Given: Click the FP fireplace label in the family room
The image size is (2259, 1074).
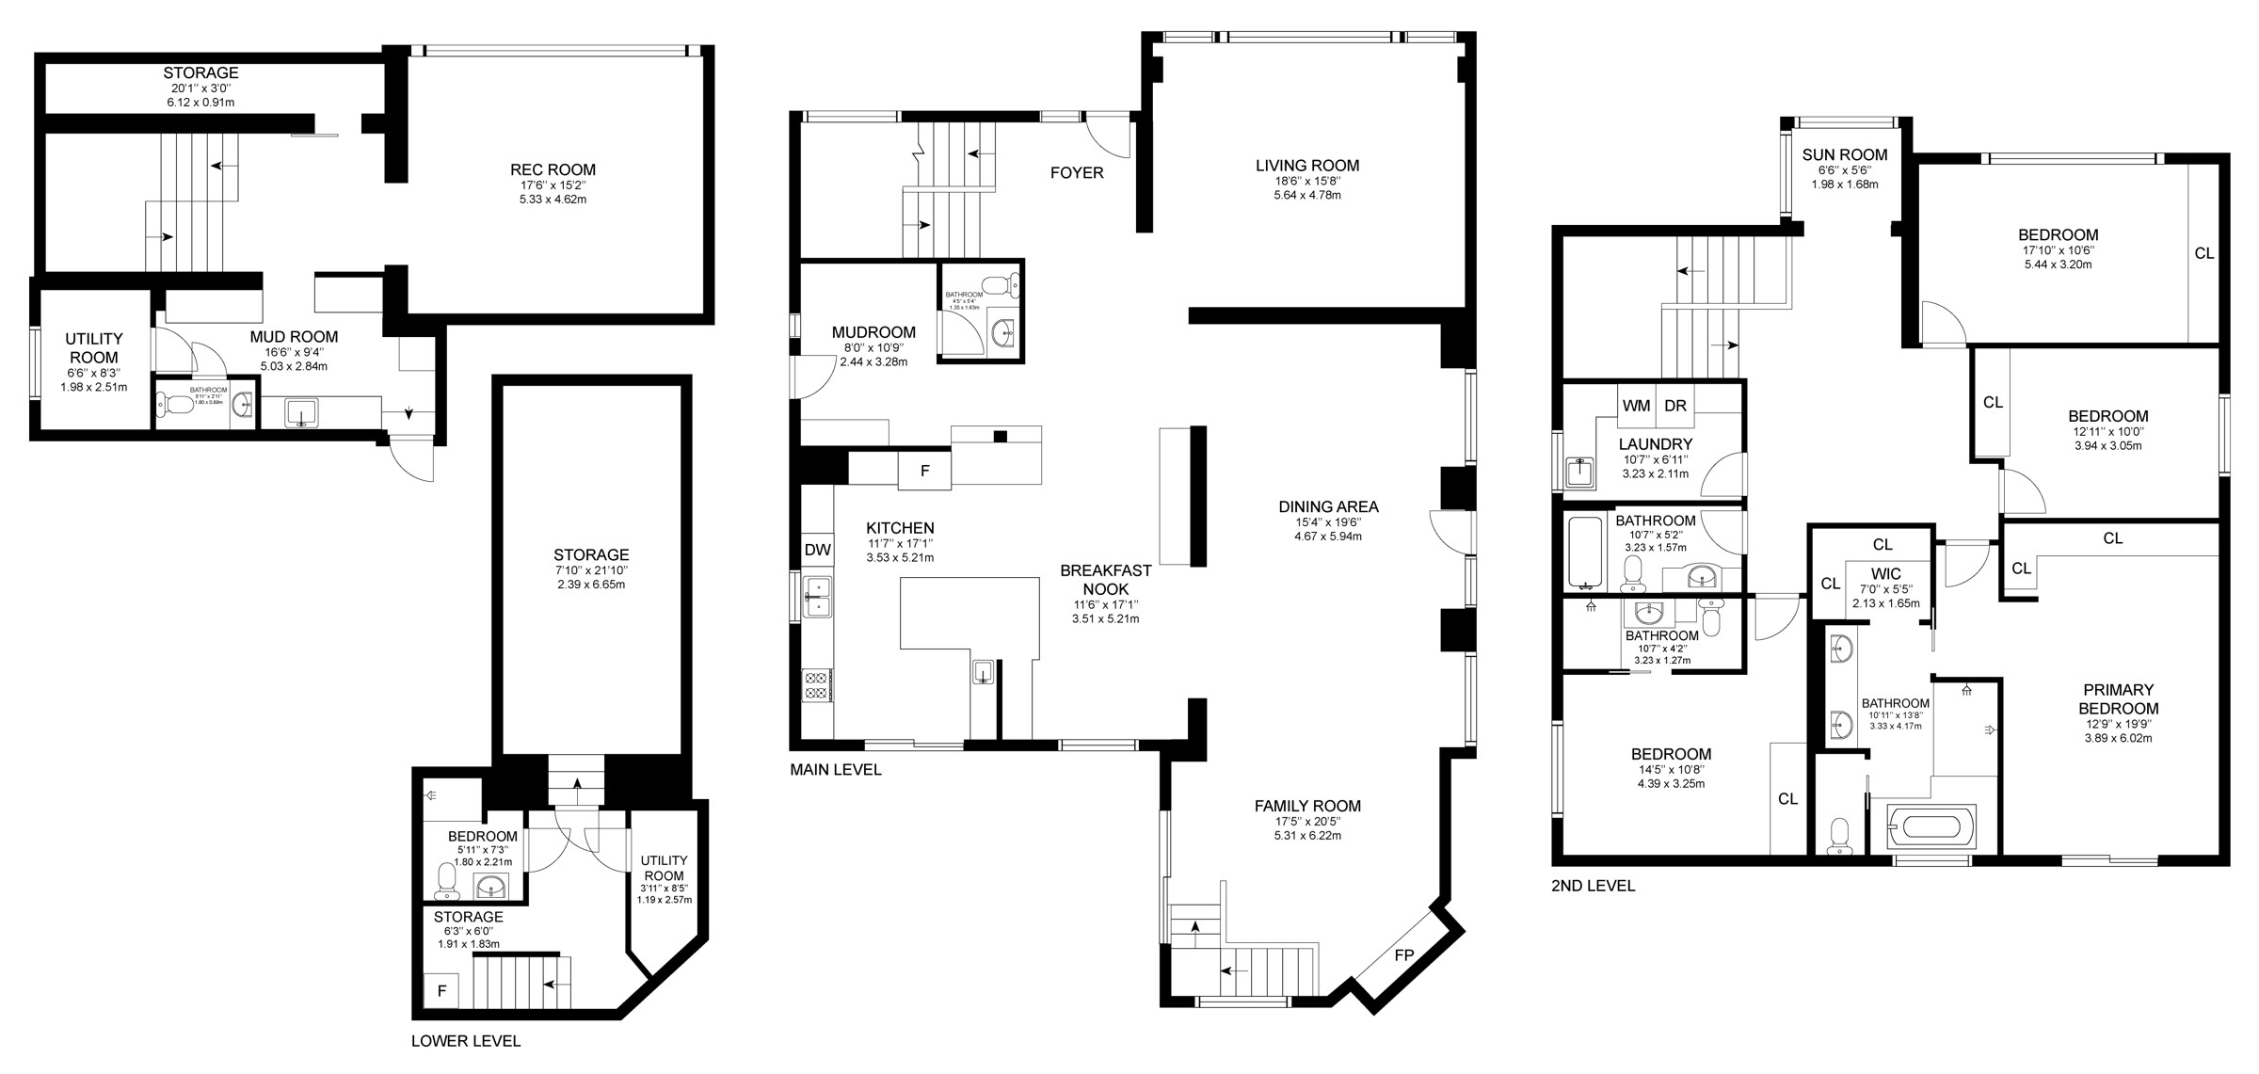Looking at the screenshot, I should (x=1403, y=955).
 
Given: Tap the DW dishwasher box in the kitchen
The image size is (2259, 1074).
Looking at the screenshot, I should (x=817, y=550).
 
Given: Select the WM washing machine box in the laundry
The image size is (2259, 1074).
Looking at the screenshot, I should (x=1636, y=406).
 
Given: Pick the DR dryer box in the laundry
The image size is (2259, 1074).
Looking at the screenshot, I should (x=1674, y=406).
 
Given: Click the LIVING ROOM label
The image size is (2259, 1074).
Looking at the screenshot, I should (x=1307, y=166).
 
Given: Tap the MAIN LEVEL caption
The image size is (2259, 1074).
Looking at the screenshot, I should (x=835, y=770).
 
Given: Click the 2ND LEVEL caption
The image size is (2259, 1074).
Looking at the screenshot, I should (x=1593, y=886).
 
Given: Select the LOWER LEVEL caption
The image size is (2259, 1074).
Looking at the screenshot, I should (x=465, y=1041).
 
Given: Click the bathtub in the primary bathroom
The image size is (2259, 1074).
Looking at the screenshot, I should (x=1931, y=827).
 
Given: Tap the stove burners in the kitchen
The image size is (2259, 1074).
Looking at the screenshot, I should (x=816, y=684).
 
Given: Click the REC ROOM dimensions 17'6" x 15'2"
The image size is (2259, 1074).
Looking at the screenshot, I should (x=553, y=185).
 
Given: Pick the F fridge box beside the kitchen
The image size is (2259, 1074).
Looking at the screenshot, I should (x=924, y=471).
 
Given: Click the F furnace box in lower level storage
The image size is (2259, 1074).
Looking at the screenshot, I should (x=441, y=991).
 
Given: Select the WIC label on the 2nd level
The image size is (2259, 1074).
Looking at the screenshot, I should (x=1886, y=574).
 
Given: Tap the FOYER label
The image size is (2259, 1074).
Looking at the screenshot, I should (x=1077, y=173).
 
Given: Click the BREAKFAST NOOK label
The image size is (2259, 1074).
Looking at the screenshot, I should (x=1105, y=580).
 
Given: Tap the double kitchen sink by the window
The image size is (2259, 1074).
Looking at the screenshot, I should (x=817, y=598).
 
